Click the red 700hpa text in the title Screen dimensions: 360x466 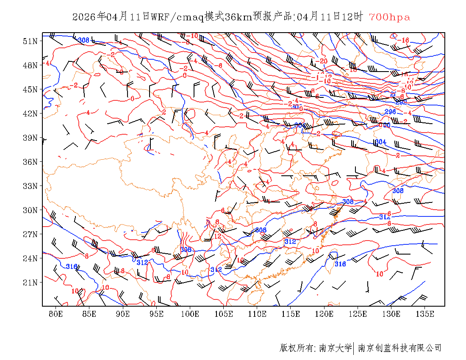[x=389, y=17]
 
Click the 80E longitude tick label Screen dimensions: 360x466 [x=55, y=314]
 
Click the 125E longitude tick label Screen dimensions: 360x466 [x=358, y=314]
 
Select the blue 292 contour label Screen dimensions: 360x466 [x=401, y=102]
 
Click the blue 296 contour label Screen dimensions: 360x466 [x=390, y=112]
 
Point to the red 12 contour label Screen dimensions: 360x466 [x=218, y=236]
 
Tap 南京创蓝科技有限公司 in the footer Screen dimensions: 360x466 [x=399, y=348]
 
